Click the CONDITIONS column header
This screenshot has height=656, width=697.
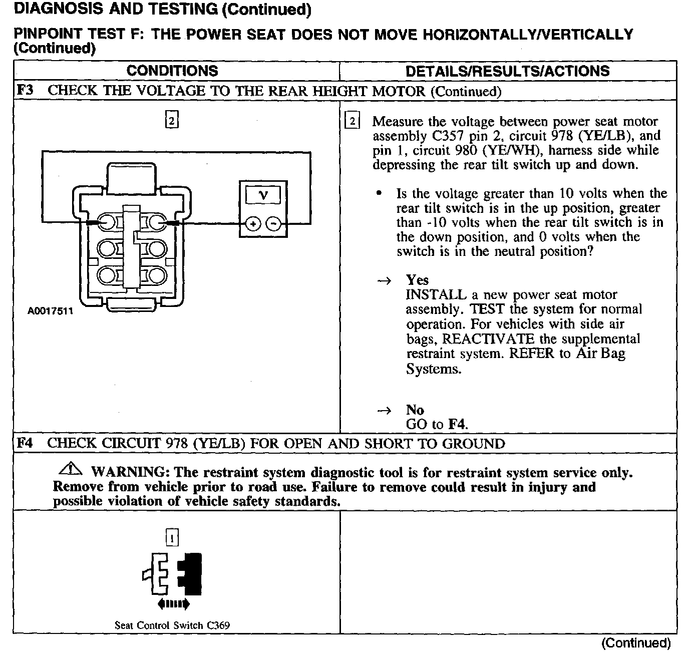click(x=172, y=71)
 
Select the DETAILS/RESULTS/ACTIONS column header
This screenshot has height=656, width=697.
click(x=507, y=71)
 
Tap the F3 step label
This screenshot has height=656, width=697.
click(x=25, y=91)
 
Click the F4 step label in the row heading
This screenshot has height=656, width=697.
click(x=25, y=443)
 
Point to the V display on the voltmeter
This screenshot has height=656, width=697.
click(x=263, y=195)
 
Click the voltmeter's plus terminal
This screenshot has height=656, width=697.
click(x=253, y=223)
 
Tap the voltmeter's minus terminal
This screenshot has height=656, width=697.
click(x=273, y=223)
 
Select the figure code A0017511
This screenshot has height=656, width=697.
click(x=50, y=311)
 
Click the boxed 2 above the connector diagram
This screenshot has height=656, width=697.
click(x=172, y=121)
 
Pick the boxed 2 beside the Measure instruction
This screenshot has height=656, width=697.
click(x=353, y=121)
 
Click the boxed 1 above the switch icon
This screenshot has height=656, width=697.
click(x=172, y=538)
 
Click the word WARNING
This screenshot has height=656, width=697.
click(x=128, y=472)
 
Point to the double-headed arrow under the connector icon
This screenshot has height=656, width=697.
click(x=173, y=604)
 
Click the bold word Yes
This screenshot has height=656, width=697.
click(x=417, y=280)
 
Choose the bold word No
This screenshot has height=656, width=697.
click(x=415, y=410)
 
